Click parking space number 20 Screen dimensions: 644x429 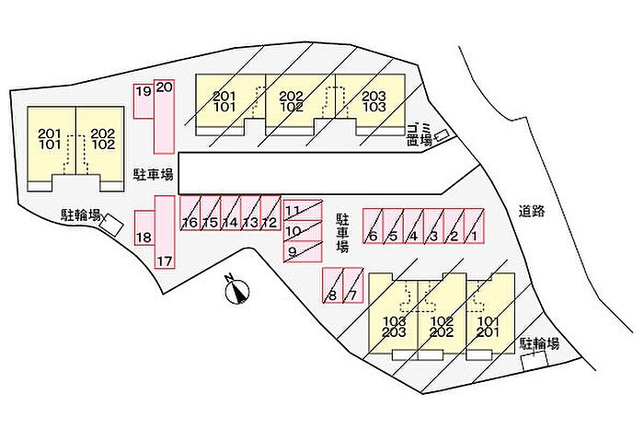click(x=165, y=117)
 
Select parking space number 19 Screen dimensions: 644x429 click(x=144, y=101)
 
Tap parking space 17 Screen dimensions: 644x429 click(x=165, y=232)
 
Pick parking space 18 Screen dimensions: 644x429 click(x=144, y=228)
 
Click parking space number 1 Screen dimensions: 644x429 click(x=474, y=226)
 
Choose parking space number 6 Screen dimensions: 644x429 click(x=373, y=226)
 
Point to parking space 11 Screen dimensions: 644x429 click(x=303, y=211)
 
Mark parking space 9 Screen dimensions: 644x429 click(x=303, y=251)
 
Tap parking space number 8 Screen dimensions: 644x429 click(x=333, y=285)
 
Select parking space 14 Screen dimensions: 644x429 click(x=230, y=213)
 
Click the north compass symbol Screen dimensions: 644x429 click(x=237, y=289)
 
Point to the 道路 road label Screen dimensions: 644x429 click(x=532, y=211)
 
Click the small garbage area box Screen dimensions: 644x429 click(x=443, y=134)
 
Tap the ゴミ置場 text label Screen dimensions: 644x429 click(x=419, y=134)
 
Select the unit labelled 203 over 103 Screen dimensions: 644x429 click(x=374, y=101)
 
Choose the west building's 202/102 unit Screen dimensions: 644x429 click(x=103, y=139)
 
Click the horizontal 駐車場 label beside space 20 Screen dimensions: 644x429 click(x=154, y=175)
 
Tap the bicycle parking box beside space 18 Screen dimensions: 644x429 click(x=111, y=225)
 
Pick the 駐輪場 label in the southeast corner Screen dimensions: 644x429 click(x=540, y=343)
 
